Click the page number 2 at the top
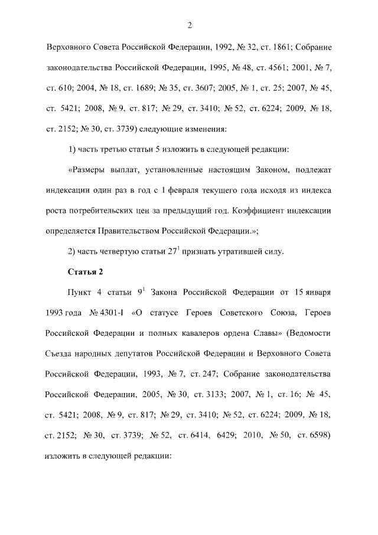click(189, 25)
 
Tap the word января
click(317, 292)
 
